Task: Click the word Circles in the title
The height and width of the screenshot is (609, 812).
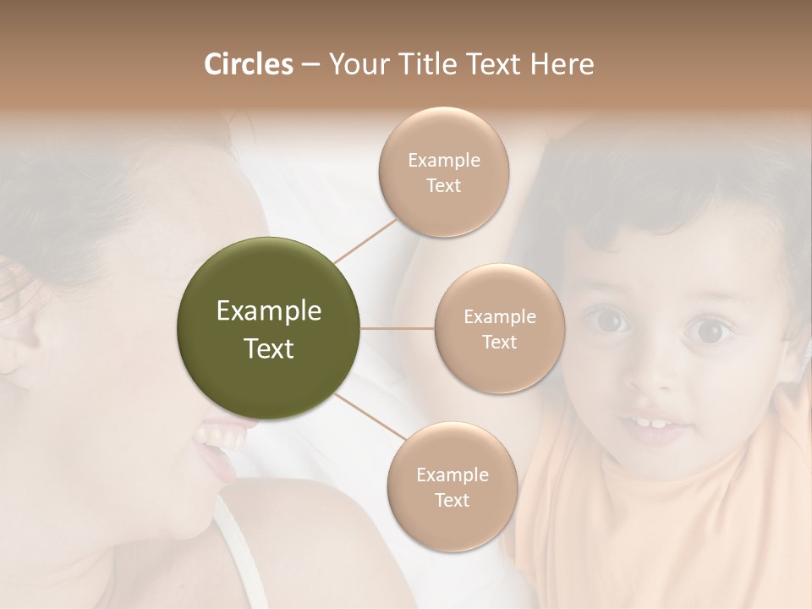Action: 248,64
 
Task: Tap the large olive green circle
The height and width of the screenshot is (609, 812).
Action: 268,328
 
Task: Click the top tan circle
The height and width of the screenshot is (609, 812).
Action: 443,172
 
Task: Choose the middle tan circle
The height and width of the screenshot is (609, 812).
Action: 499,328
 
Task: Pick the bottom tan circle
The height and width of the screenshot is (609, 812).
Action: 452,486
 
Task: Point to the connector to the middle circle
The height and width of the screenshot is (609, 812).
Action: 397,328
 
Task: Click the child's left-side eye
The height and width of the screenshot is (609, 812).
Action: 611,320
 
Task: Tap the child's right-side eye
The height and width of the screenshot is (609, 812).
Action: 707,330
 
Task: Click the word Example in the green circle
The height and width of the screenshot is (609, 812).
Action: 268,311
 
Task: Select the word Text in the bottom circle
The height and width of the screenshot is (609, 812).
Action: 452,500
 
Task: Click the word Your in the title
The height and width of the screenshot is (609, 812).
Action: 358,64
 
